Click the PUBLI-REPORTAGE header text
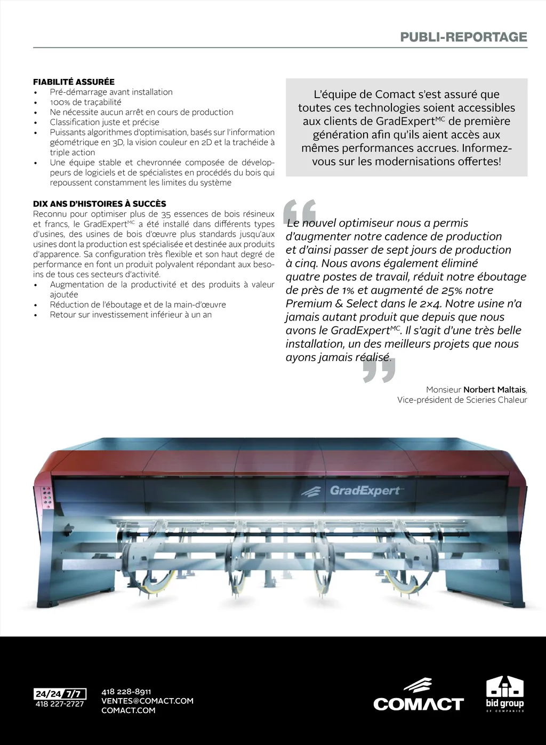(463, 37)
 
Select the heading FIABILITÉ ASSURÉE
(74, 82)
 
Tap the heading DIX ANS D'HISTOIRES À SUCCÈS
(100, 204)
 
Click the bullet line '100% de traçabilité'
(85, 102)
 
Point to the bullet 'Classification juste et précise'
(105, 122)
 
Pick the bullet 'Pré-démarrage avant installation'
(111, 92)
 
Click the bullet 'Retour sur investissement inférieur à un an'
(131, 315)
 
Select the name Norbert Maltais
(494, 390)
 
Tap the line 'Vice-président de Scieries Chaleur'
(462, 400)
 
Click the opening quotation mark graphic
(300, 212)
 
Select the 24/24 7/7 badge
(60, 694)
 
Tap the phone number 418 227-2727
(60, 704)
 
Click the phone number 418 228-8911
(126, 692)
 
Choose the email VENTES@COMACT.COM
(147, 701)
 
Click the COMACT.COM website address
(128, 710)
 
